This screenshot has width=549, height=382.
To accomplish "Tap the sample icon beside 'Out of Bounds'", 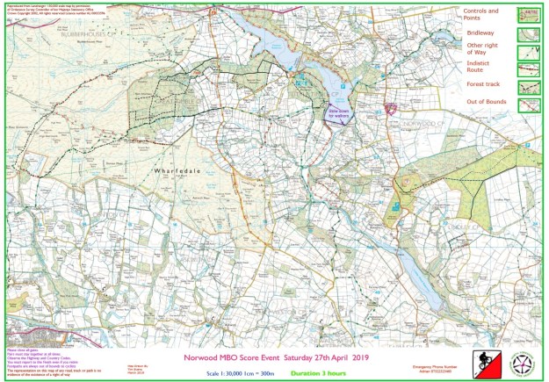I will tap(530, 105).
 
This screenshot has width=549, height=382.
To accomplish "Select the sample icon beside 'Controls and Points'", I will tap(530, 14).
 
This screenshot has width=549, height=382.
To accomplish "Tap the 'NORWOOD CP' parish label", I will tap(421, 125).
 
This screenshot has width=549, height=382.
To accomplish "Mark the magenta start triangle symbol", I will tap(391, 108).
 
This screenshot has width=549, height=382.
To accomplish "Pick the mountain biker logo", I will tap(482, 361).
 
